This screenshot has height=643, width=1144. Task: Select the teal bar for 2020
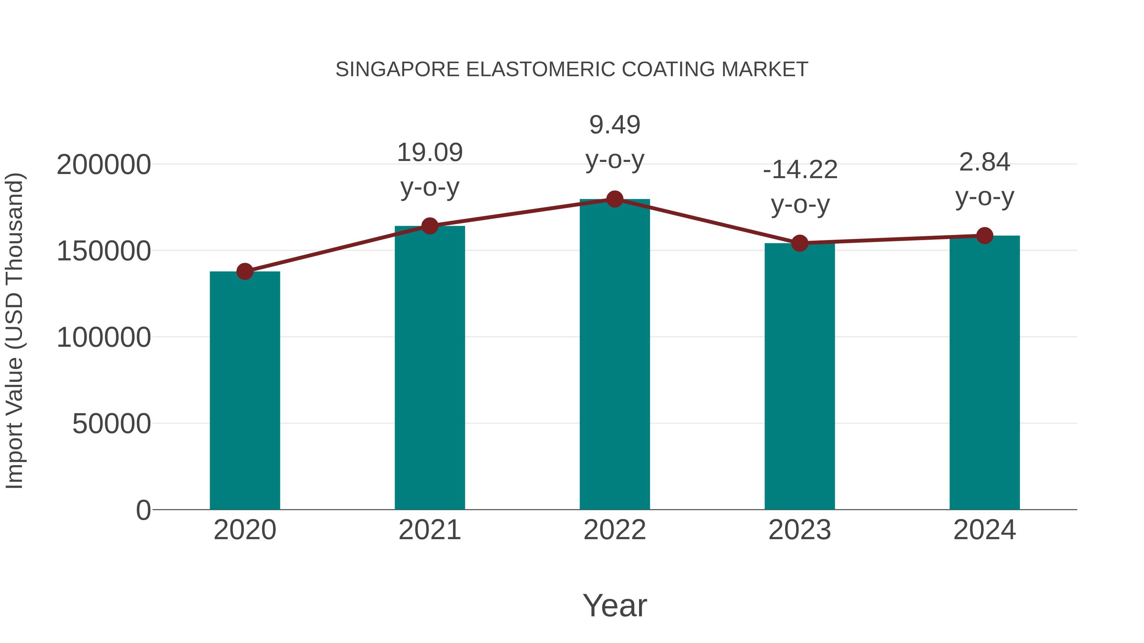click(x=245, y=391)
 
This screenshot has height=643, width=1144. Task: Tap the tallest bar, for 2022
click(x=615, y=355)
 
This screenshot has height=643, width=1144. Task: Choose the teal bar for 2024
click(x=984, y=373)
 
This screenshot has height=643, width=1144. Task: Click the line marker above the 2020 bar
click(x=245, y=271)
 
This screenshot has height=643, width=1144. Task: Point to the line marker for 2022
click(x=615, y=199)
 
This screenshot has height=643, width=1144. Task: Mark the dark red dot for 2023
click(x=800, y=243)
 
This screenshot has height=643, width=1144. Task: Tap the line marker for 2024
click(x=984, y=236)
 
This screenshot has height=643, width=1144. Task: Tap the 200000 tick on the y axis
click(x=104, y=165)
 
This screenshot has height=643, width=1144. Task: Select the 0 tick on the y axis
click(x=143, y=510)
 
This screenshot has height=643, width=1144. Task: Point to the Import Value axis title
click(x=15, y=331)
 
